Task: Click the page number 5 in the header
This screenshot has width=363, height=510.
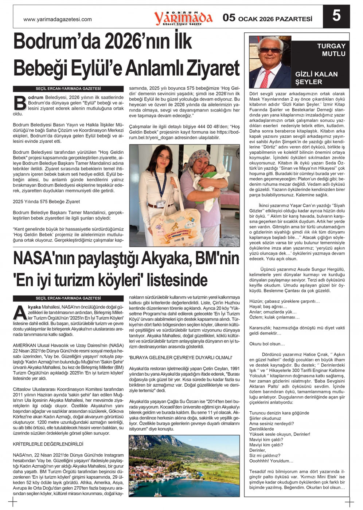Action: (336, 16)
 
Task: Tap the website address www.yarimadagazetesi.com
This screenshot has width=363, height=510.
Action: (58, 19)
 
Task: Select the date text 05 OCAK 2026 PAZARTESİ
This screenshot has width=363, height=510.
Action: (268, 18)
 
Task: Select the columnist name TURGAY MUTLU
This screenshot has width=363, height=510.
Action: (331, 50)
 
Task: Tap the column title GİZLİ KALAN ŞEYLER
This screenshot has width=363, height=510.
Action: (316, 78)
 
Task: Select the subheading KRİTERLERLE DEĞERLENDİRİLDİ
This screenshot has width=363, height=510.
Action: (48, 444)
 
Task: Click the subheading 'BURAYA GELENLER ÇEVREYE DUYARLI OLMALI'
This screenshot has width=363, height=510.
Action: (180, 357)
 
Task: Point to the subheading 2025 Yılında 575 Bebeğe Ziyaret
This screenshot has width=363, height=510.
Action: (46, 201)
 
